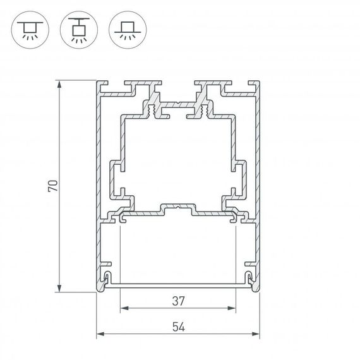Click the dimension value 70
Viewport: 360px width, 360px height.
[x=53, y=186]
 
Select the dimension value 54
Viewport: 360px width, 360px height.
[x=178, y=326]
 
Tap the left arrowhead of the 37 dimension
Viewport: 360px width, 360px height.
[x=123, y=309]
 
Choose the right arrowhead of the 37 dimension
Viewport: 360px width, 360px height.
[x=233, y=309]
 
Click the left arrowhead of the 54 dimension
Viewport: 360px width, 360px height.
[x=100, y=335]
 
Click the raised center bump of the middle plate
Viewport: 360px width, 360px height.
[x=178, y=207]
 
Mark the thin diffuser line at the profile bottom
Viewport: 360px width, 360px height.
[x=178, y=285]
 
